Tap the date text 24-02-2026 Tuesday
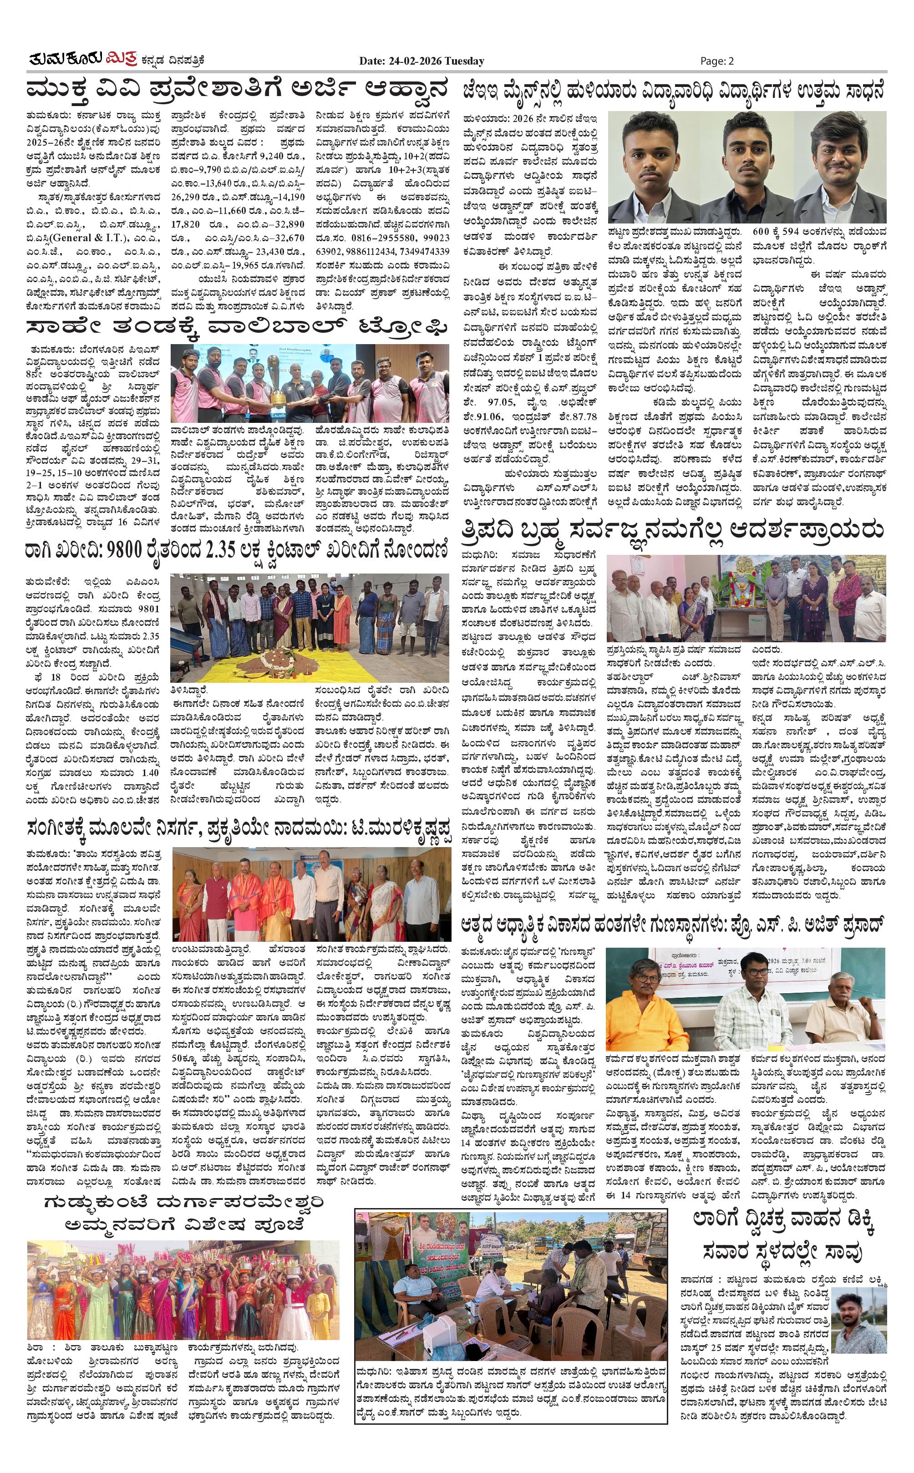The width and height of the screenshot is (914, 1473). (x=421, y=61)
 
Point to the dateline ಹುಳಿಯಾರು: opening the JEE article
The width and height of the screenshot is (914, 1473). (x=483, y=118)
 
